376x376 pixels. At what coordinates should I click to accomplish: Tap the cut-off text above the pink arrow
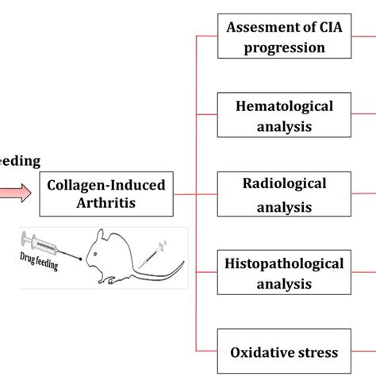[19, 161]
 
